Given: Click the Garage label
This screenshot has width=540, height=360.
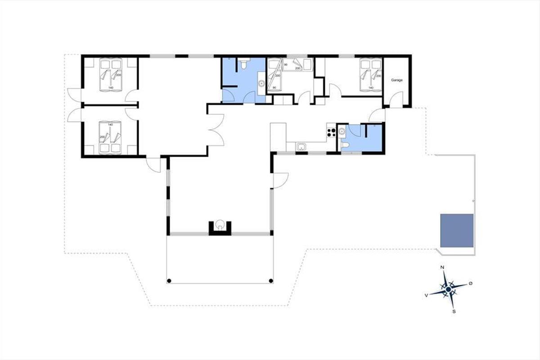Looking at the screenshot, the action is [x=397, y=80].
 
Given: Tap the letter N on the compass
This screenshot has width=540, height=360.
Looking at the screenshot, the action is [x=442, y=267].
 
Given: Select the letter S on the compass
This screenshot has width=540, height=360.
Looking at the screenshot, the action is [x=454, y=311].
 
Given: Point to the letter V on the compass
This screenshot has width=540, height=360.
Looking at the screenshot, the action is [x=426, y=295].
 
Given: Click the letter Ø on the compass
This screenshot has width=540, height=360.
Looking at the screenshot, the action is [x=470, y=283].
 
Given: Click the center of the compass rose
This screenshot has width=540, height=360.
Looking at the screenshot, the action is [x=448, y=289].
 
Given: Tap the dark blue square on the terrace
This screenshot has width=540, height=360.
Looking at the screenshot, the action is [x=457, y=230].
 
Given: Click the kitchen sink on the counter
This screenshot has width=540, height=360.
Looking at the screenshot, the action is [x=301, y=147].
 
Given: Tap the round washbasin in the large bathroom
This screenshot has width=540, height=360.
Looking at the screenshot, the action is [x=261, y=84].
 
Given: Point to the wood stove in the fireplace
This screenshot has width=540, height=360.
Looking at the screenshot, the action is [x=220, y=224].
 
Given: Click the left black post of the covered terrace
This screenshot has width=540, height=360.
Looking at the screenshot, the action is [x=169, y=281].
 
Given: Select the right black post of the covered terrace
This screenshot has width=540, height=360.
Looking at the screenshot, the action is [x=271, y=281].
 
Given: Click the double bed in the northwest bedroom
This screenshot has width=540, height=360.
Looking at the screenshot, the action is [x=111, y=75].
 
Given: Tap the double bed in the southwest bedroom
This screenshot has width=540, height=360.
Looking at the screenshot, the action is [x=110, y=138].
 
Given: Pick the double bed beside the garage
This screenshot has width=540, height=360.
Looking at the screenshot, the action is [x=371, y=75].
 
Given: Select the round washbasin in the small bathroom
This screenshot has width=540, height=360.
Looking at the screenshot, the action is [x=342, y=131].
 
